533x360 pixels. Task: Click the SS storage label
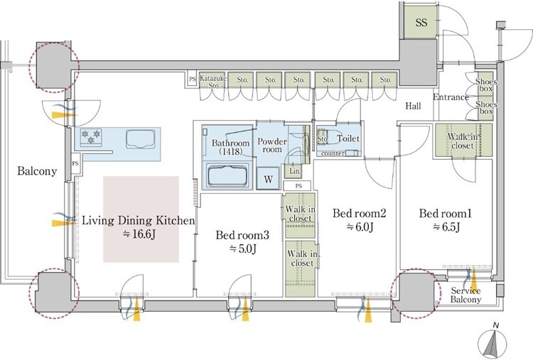[x=421, y=23]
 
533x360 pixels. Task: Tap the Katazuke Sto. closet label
[x=213, y=82]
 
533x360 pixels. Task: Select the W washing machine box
[x=268, y=179]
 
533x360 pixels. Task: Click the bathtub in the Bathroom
[x=227, y=175]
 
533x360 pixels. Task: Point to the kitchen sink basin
[x=141, y=139]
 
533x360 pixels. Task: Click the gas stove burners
[x=91, y=137]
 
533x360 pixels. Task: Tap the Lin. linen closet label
[x=295, y=171]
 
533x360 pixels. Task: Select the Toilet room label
[x=348, y=138]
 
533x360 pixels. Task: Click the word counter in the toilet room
[x=333, y=153]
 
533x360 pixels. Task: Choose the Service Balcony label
[x=465, y=295]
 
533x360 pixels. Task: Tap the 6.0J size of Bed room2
[x=360, y=227]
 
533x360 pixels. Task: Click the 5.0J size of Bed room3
[x=243, y=249]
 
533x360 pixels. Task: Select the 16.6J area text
[x=139, y=234]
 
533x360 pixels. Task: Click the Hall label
[x=413, y=106]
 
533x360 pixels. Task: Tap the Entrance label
[x=451, y=97]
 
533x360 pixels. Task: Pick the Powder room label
[x=272, y=146]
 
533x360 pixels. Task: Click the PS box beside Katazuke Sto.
[x=193, y=79]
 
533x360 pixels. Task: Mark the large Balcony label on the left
[x=37, y=171]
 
